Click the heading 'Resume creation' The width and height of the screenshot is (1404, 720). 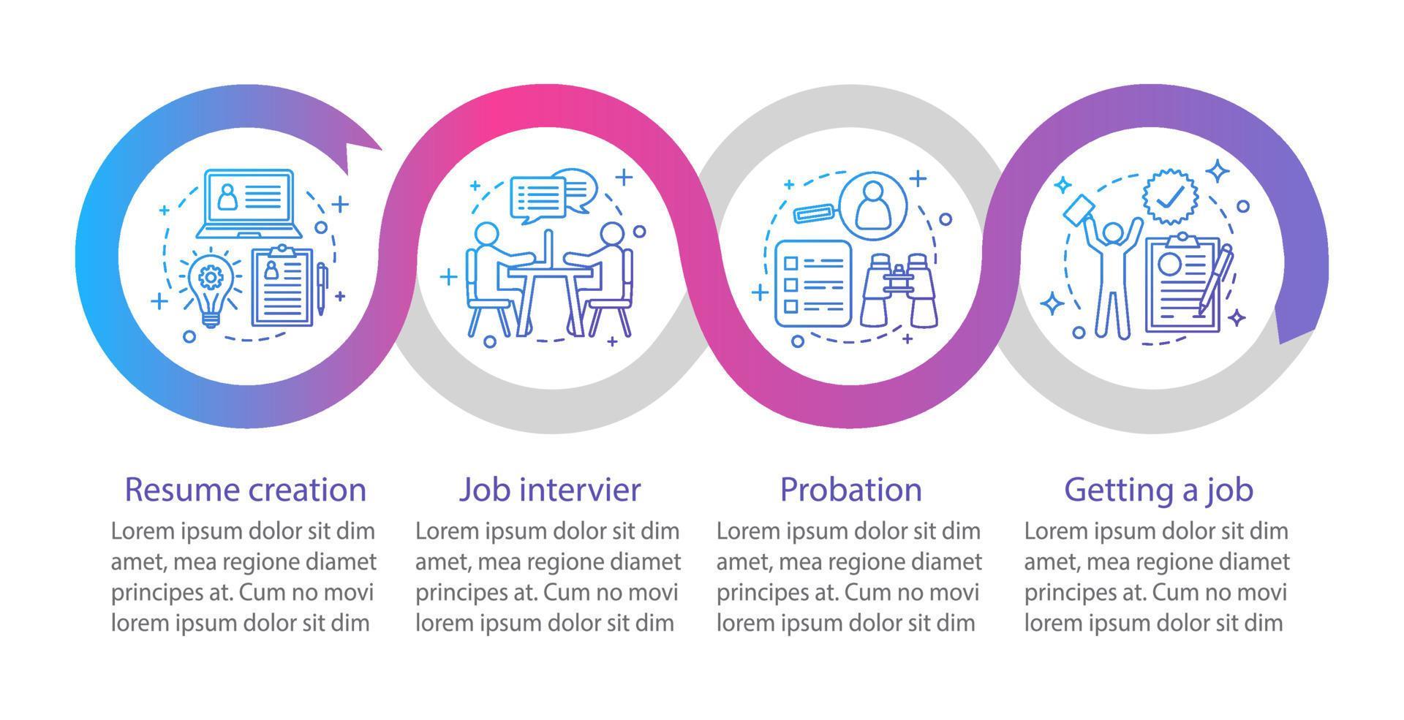(x=245, y=490)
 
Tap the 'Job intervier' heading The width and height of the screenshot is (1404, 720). (x=549, y=490)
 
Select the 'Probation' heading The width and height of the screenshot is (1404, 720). (x=850, y=490)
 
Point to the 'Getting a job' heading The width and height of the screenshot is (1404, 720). (x=1158, y=490)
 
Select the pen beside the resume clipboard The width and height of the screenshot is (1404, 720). (x=322, y=289)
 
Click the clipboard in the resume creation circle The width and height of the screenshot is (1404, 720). (x=282, y=287)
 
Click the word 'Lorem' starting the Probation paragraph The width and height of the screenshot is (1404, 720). (x=747, y=531)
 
